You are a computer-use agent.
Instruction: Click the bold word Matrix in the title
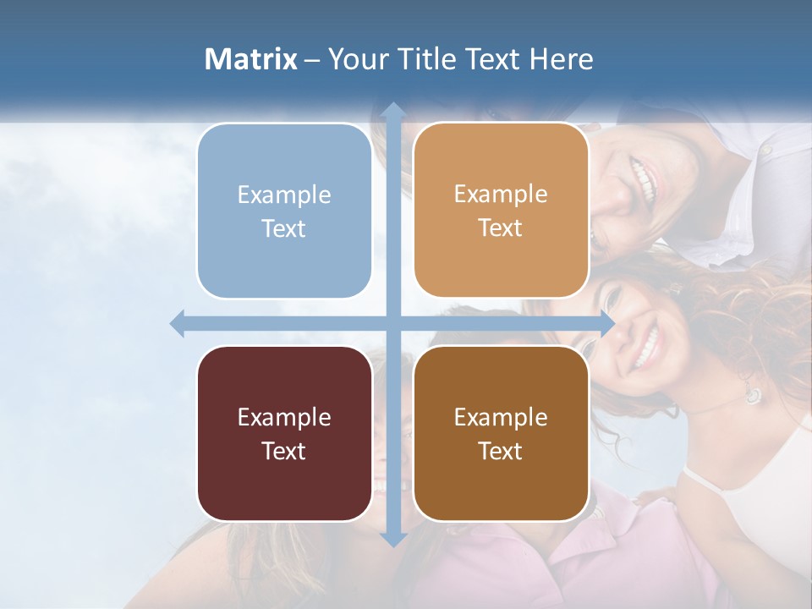click(251, 59)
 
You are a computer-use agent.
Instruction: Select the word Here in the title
click(562, 59)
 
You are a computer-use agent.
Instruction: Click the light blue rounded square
click(284, 211)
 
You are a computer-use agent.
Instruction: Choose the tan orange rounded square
click(501, 211)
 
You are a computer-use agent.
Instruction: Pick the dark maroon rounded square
click(284, 433)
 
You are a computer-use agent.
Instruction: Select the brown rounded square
click(501, 433)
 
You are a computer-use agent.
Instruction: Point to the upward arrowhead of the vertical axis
click(392, 110)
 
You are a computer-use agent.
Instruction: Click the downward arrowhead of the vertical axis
click(392, 538)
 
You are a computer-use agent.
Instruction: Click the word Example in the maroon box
click(284, 417)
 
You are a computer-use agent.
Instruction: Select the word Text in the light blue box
click(284, 228)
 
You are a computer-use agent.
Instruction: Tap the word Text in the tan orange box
click(501, 228)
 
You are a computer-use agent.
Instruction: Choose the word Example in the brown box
click(501, 417)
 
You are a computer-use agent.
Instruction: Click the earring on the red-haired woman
click(752, 394)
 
